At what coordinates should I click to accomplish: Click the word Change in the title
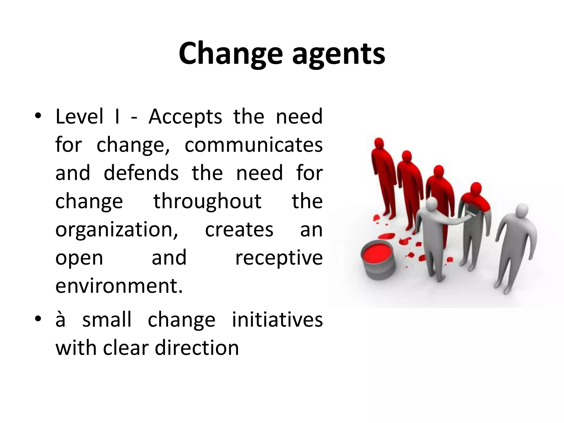pos(231,54)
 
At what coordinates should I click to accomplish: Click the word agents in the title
pos(338,55)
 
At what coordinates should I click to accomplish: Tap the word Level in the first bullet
pos(79,117)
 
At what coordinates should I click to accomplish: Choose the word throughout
pos(207,202)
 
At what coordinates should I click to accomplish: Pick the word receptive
pos(279,258)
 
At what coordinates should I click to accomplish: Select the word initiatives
pos(277,320)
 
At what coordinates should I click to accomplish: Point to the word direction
pos(197,348)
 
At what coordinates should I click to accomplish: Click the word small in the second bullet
pos(107,320)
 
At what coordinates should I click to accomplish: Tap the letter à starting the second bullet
pos(61,320)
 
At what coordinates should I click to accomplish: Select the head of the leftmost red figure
pos(379,144)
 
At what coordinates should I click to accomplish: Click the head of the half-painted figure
pos(475,189)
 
